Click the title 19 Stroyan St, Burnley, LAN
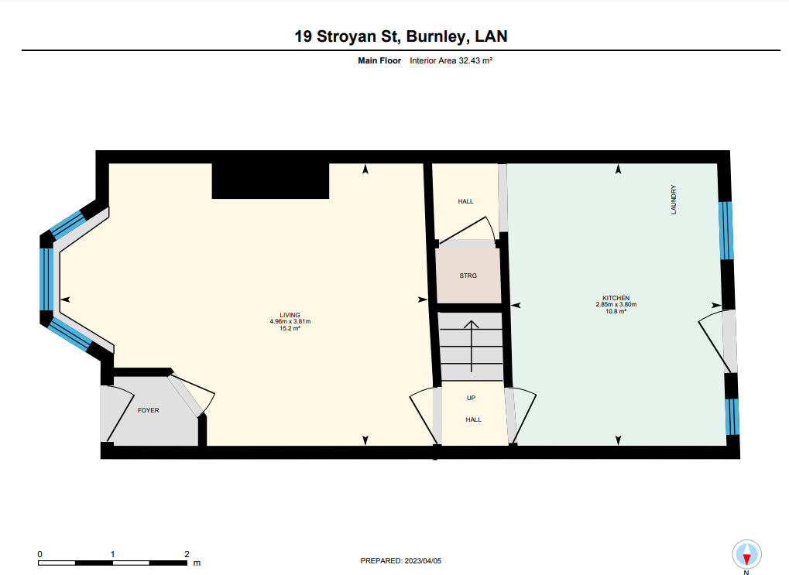[x=400, y=36]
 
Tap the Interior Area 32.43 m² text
[x=451, y=60]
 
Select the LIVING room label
[x=290, y=315]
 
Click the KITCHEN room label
[x=616, y=298]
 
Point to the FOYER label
[x=149, y=410]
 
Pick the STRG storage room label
[x=468, y=276]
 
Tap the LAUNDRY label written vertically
[x=674, y=200]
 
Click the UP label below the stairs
[x=471, y=398]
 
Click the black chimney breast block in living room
[x=271, y=180]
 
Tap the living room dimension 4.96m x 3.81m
[x=290, y=321]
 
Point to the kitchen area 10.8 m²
[x=616, y=311]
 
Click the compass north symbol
[x=746, y=555]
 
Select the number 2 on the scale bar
[x=187, y=554]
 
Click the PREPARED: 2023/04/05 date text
[x=400, y=561]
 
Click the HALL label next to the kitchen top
[x=465, y=201]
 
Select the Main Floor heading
[x=379, y=60]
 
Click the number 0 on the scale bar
[x=39, y=554]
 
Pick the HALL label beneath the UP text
[x=474, y=419]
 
